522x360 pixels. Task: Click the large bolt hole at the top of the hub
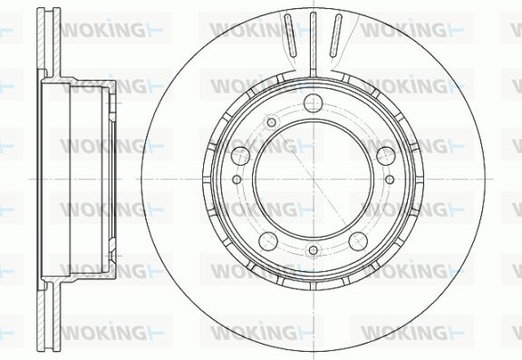click(313, 102)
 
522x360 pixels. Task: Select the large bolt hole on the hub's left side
click(240, 156)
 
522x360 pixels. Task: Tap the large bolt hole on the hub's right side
click(386, 156)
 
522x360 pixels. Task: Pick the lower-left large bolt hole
click(268, 241)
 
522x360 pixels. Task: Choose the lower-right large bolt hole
click(358, 241)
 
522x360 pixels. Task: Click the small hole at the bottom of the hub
click(313, 250)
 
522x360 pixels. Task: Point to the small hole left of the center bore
click(237, 180)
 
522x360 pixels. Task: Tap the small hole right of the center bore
click(390, 180)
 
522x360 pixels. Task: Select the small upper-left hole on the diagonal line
click(271, 122)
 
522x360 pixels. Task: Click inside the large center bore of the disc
click(313, 180)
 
